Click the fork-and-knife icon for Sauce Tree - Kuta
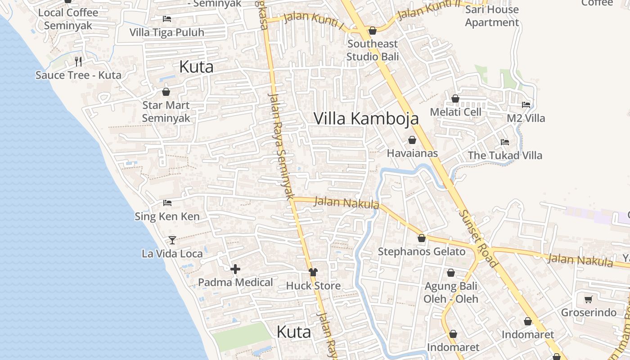pos(78,61)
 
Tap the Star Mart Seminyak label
pos(166,112)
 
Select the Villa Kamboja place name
pos(366,118)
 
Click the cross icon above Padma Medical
pos(235,270)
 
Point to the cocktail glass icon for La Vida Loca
pos(172,240)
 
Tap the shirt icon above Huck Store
pos(313,272)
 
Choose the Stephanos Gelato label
pos(421,252)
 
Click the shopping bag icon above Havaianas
pos(412,140)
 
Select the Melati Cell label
pos(455,112)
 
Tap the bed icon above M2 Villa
pos(526,105)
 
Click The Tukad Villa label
pos(505,156)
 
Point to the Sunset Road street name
pos(478,238)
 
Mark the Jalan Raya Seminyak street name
pos(281,146)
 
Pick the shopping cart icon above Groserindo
pos(588,299)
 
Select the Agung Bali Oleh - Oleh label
pos(451,292)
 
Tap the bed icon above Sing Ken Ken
pos(167,203)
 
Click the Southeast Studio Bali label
pos(373,50)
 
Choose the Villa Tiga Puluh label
pos(166,32)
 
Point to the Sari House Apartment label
pos(492,16)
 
